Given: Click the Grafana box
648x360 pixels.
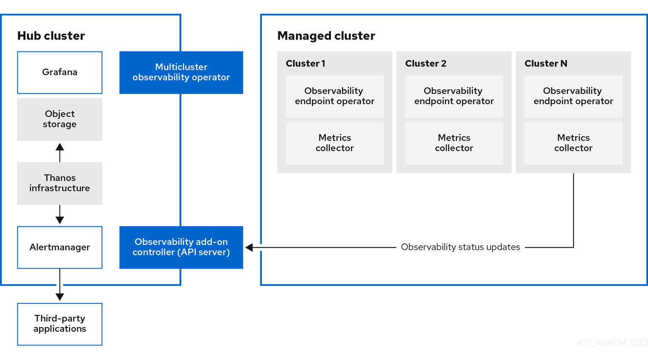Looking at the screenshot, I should click(60, 73).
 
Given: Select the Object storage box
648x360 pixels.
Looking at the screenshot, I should click(60, 119).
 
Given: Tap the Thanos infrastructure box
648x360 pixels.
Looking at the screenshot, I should click(60, 183).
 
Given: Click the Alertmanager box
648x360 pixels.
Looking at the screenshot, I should click(60, 247).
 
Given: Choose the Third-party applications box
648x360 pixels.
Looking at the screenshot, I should click(60, 324).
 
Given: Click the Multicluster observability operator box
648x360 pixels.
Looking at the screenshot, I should click(181, 73).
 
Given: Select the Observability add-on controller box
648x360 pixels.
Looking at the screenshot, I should click(181, 247).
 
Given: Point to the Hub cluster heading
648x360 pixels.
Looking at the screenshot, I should click(51, 36).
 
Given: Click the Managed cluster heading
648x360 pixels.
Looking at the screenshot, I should click(326, 36).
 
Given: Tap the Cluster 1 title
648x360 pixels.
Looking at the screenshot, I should click(305, 64).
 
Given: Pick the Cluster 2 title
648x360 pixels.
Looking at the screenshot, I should click(425, 64).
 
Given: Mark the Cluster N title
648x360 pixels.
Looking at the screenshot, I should click(546, 64).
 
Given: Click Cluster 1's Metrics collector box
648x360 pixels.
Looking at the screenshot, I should click(335, 143).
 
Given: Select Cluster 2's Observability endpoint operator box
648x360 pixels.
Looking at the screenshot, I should click(454, 96).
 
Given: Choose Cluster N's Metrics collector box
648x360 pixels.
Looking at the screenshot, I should click(573, 143).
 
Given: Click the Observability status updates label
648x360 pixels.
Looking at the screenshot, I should click(460, 247).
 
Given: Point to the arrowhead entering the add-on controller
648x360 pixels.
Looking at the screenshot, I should click(249, 247).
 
